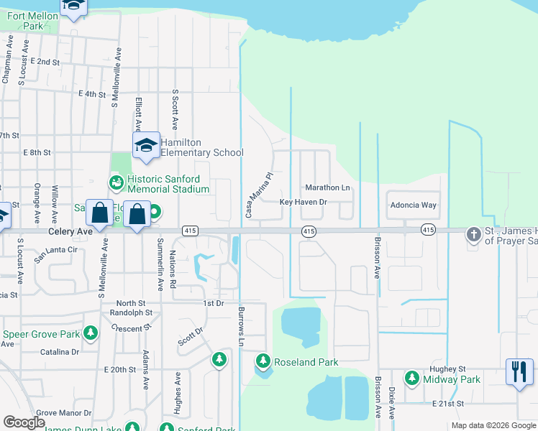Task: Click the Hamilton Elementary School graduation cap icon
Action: (146, 147)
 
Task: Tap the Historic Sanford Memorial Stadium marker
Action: (116, 184)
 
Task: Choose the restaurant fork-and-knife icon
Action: (519, 371)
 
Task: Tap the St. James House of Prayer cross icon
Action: (473, 234)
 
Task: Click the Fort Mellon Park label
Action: (27, 19)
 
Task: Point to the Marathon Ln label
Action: (327, 187)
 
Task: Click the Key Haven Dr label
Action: (303, 203)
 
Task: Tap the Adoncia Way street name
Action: (413, 205)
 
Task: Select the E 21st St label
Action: (450, 405)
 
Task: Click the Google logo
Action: (24, 422)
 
